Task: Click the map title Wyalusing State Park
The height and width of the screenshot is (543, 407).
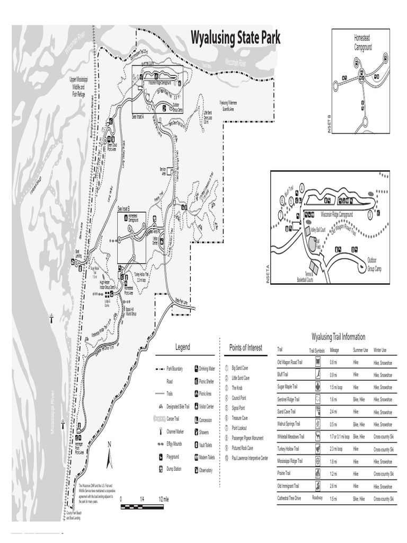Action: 235,38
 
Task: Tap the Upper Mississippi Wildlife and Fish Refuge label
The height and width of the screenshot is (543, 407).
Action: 78,86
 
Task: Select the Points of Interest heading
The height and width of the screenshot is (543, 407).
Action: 245,348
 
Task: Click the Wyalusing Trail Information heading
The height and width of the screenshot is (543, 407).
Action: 338,337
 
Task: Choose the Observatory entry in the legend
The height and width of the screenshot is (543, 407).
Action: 206,470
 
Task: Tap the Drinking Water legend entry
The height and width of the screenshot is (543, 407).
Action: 207,368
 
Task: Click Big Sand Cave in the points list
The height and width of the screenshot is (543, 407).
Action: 240,368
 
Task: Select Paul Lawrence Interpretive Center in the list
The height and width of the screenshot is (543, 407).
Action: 250,458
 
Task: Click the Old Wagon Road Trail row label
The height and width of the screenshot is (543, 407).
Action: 289,362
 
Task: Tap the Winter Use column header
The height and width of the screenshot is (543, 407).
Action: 380,350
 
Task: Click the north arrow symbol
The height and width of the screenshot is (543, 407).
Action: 109,456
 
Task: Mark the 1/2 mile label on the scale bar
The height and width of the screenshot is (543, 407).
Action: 162,500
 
